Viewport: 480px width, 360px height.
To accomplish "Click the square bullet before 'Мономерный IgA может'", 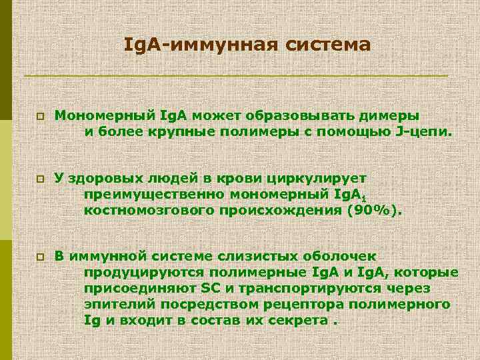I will (x=40, y=115).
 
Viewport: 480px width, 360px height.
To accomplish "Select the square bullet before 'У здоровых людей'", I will (x=40, y=179).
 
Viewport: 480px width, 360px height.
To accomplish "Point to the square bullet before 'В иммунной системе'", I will (x=40, y=257).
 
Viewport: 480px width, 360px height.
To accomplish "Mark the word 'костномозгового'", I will (x=145, y=211).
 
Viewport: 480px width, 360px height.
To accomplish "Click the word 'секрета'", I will (x=301, y=320).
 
